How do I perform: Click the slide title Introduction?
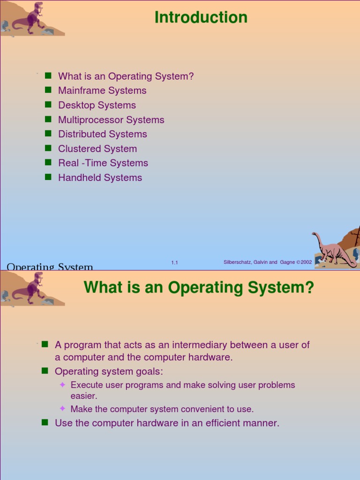pos(201,17)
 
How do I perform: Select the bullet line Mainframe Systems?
pos(102,90)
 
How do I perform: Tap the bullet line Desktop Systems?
pos(97,105)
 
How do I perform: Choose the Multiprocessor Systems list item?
pos(111,120)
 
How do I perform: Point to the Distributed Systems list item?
pos(102,134)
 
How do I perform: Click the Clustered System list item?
pos(97,149)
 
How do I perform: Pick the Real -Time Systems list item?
pos(103,163)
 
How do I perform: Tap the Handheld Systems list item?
pos(100,178)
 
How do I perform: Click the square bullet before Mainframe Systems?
pos(47,90)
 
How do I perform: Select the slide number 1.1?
pos(174,262)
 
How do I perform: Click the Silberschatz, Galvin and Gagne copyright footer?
pos(268,262)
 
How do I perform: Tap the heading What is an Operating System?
pos(199,287)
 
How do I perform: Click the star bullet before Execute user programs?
pos(62,385)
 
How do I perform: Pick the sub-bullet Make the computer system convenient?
pos(162,409)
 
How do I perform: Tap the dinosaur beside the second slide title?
pos(30,288)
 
